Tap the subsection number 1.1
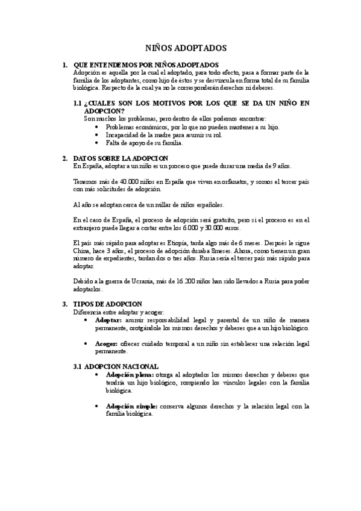77,103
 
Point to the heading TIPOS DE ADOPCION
107,304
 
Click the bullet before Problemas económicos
98,127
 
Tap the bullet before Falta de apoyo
98,143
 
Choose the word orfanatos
227,181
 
